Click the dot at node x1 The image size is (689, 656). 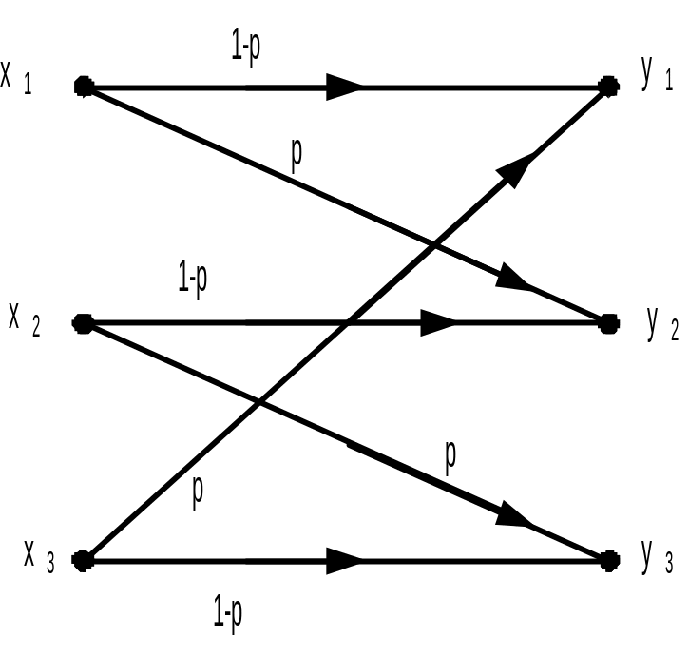pyautogui.click(x=84, y=87)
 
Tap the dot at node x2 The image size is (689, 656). pyautogui.click(x=83, y=323)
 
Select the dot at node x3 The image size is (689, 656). pyautogui.click(x=83, y=559)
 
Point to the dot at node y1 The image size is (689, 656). pyautogui.click(x=608, y=87)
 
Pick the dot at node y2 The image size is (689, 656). pyautogui.click(x=608, y=323)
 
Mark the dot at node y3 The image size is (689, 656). pyautogui.click(x=608, y=561)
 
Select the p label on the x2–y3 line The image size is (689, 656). pyautogui.click(x=451, y=456)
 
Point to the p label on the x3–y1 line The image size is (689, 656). pyautogui.click(x=199, y=490)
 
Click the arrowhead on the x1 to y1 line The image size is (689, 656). pyautogui.click(x=344, y=87)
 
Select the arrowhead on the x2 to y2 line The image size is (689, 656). pyautogui.click(x=437, y=323)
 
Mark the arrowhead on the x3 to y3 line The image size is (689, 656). pyautogui.click(x=344, y=561)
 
